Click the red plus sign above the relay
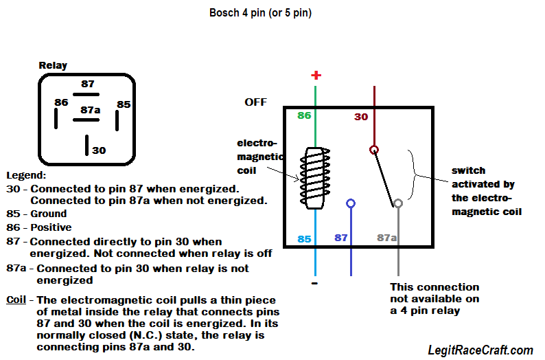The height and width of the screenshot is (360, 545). point(316,76)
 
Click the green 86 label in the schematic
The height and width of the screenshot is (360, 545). point(304,115)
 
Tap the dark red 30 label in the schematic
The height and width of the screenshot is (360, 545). point(361,117)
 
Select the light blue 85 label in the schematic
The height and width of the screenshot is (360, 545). point(304,239)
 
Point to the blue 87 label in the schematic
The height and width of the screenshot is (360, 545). point(341,238)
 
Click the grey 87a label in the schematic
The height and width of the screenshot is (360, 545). point(386,238)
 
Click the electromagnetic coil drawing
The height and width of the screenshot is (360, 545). point(314,179)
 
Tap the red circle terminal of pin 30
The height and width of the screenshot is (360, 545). point(374,149)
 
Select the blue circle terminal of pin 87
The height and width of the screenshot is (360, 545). point(351,203)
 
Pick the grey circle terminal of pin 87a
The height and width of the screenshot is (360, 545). point(397,203)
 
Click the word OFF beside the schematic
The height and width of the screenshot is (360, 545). point(255,102)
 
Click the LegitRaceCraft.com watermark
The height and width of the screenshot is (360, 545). point(480,350)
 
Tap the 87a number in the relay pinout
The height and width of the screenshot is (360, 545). point(91,109)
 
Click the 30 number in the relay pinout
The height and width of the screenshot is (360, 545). point(99,150)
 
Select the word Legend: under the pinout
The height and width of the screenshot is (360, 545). point(25,175)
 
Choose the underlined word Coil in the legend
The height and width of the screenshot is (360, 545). point(16,300)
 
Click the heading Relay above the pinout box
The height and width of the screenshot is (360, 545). point(53,66)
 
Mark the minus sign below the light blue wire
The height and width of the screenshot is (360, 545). point(314,283)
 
